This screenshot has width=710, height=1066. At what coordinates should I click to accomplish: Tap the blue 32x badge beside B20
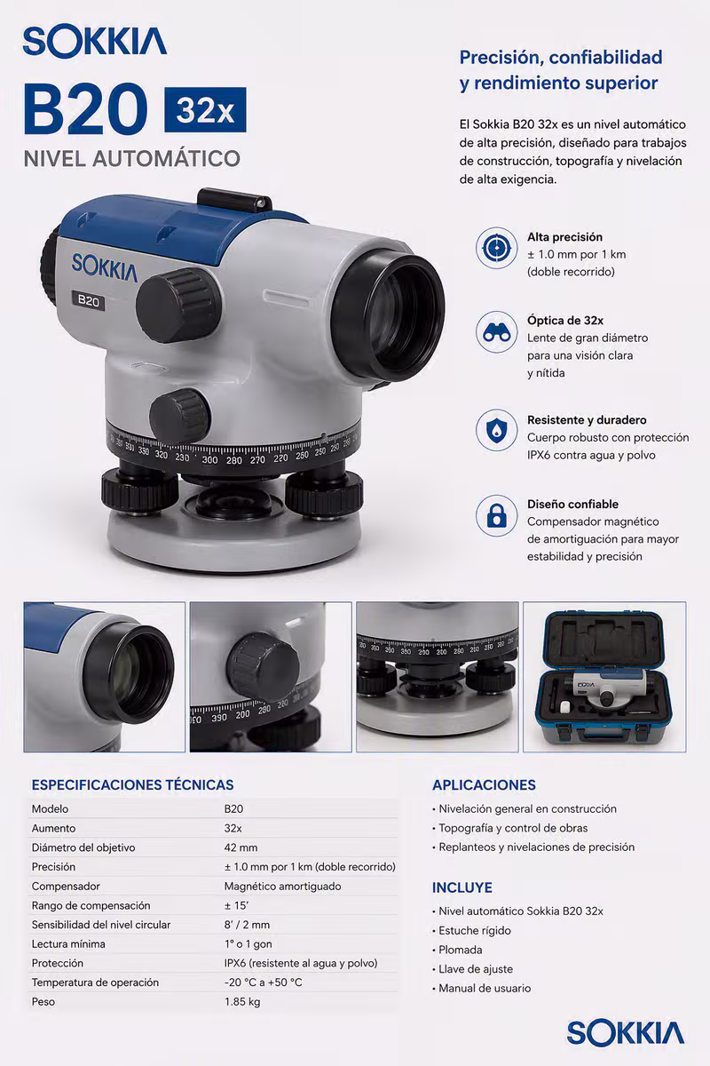point(205,110)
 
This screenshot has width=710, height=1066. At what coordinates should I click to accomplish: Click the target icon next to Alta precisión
point(496,248)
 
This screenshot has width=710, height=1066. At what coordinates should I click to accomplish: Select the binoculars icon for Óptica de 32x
point(496,332)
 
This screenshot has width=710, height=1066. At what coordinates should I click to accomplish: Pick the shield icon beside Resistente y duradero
point(496,430)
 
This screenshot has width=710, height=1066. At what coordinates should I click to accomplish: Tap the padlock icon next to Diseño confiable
point(496,515)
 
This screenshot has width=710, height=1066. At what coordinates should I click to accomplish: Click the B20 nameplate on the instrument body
point(88,301)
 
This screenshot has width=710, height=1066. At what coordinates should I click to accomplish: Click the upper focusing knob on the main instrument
point(178,305)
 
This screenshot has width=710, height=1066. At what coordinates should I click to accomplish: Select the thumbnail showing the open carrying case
point(604,677)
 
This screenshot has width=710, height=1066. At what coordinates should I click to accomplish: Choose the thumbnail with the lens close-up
point(105,677)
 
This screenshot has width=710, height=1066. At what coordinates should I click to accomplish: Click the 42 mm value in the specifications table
point(241,847)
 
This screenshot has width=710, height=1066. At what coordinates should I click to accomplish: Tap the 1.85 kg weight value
point(242,1002)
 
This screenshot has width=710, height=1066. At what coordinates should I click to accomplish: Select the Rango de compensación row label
point(91,905)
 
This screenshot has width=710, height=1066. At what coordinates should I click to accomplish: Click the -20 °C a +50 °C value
point(263,982)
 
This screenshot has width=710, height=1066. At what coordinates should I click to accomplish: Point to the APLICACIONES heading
point(484,785)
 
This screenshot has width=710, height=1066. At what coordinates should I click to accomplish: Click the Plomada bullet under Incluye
point(457,950)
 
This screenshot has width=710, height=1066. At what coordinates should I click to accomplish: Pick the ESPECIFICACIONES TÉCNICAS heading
point(132,785)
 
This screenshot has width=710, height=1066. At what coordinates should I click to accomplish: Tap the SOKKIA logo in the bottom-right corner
point(626,1032)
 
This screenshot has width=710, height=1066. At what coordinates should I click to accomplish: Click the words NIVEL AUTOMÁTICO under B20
point(131,158)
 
